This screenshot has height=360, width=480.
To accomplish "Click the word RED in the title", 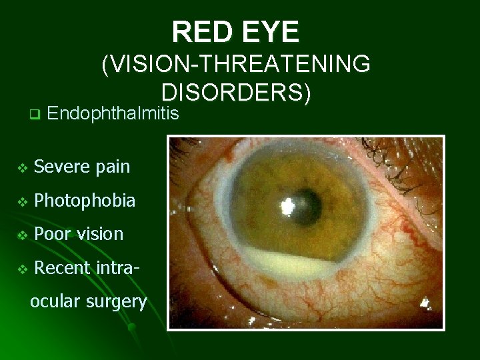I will (x=200, y=31).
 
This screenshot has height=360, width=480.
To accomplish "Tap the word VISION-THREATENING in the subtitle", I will (x=236, y=65).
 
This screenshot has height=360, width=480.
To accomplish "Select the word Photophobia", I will (x=84, y=200).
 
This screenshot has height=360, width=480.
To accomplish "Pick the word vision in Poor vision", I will (x=99, y=234).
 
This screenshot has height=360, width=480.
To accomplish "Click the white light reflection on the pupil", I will (x=291, y=205).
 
